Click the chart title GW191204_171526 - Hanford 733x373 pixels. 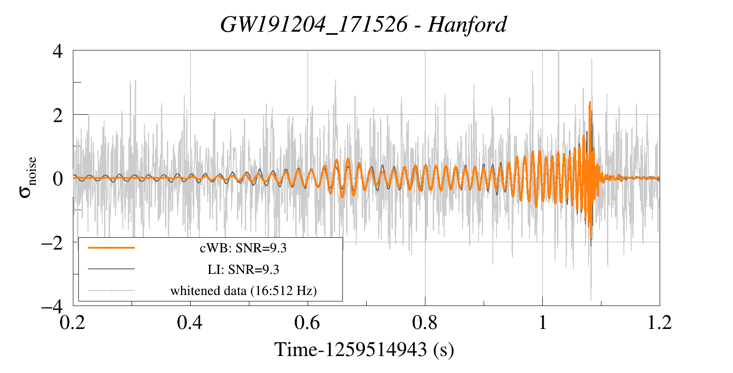coord(364,24)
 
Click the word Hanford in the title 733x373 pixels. coord(467,24)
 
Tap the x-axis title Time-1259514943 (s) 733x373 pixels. coord(364,350)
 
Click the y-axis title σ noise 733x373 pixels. coord(28,178)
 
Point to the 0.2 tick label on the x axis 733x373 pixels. coord(73,323)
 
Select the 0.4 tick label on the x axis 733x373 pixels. coord(190,323)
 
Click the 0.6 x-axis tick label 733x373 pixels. coord(308,323)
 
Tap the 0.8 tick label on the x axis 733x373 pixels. coord(425,323)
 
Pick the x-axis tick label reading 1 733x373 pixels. coord(543,323)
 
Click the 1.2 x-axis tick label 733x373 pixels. coord(660,323)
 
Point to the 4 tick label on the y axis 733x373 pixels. coord(58,51)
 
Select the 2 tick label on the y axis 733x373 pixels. coord(58,115)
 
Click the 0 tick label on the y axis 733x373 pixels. coord(58,178)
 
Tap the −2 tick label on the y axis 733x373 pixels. coord(52,242)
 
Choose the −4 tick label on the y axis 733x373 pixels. coord(52,306)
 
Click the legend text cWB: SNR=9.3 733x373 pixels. coord(243,248)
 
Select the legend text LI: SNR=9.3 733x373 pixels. coord(243,269)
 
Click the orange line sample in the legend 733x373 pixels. coord(111,248)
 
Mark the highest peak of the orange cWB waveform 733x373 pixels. coord(590,102)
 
